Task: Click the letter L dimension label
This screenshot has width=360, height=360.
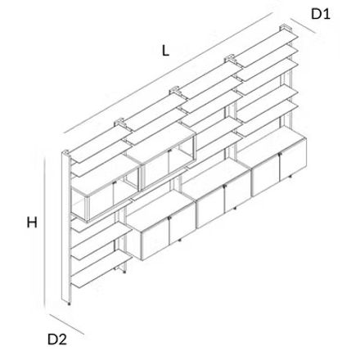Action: (x=165, y=51)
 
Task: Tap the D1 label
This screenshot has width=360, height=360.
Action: (x=321, y=14)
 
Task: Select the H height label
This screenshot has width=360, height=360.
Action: (x=32, y=223)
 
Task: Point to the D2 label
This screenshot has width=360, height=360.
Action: (x=57, y=340)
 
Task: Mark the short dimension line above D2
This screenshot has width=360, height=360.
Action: (x=66, y=324)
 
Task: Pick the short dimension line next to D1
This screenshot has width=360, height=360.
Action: (x=303, y=26)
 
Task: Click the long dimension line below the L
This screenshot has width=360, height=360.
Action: (x=168, y=73)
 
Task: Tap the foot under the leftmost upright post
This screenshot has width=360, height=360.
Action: (x=69, y=304)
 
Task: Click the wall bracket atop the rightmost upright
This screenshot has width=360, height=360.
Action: (x=286, y=28)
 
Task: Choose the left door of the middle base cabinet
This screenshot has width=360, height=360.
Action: (x=210, y=206)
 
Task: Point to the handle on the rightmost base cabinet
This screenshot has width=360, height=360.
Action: (x=279, y=155)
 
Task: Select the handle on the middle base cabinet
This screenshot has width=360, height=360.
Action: (x=224, y=186)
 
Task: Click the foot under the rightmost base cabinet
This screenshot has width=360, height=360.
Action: (x=290, y=178)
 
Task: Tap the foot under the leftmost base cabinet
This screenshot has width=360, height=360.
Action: (x=179, y=241)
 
